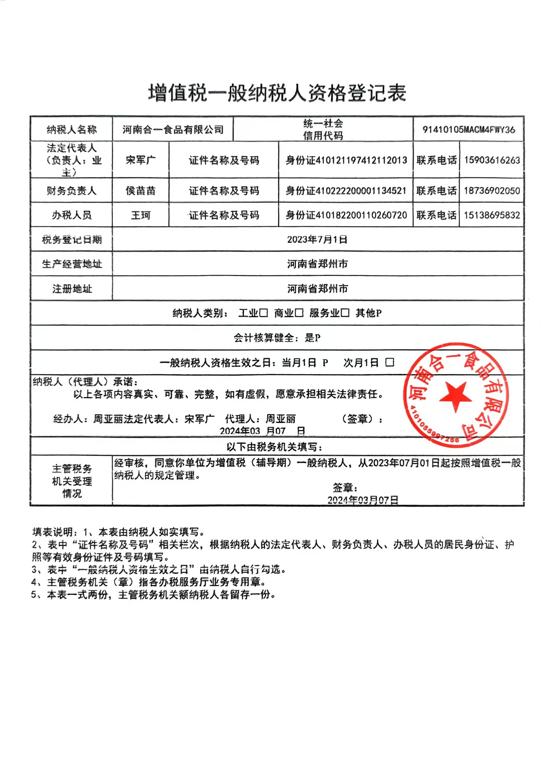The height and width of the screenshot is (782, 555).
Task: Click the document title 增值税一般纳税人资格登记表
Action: click(x=277, y=93)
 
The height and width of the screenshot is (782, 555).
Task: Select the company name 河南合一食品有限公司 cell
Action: click(x=173, y=130)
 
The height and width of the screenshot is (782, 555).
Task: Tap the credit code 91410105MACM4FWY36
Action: click(x=469, y=130)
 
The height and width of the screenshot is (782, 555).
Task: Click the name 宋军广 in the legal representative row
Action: click(x=140, y=160)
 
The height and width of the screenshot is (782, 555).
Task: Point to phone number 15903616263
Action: click(x=492, y=160)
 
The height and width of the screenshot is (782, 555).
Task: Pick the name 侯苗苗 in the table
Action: click(x=140, y=191)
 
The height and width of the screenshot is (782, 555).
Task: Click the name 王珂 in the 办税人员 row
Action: click(x=140, y=215)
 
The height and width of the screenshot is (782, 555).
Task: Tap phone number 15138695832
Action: click(x=492, y=215)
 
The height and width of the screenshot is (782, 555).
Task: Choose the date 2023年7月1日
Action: click(x=317, y=240)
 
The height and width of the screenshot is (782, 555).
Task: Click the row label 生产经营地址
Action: click(x=72, y=264)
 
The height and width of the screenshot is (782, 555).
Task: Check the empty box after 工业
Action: click(x=264, y=313)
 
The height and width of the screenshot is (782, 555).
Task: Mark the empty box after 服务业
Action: click(x=345, y=313)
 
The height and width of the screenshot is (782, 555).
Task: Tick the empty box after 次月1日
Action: click(x=390, y=362)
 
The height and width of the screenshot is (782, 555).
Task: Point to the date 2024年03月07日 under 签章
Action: click(x=362, y=500)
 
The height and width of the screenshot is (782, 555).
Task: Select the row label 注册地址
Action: click(x=72, y=289)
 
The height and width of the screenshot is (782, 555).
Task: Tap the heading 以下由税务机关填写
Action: click(x=274, y=447)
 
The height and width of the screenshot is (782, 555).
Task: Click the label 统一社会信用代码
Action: click(x=323, y=130)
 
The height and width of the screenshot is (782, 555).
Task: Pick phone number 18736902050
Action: click(x=492, y=191)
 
